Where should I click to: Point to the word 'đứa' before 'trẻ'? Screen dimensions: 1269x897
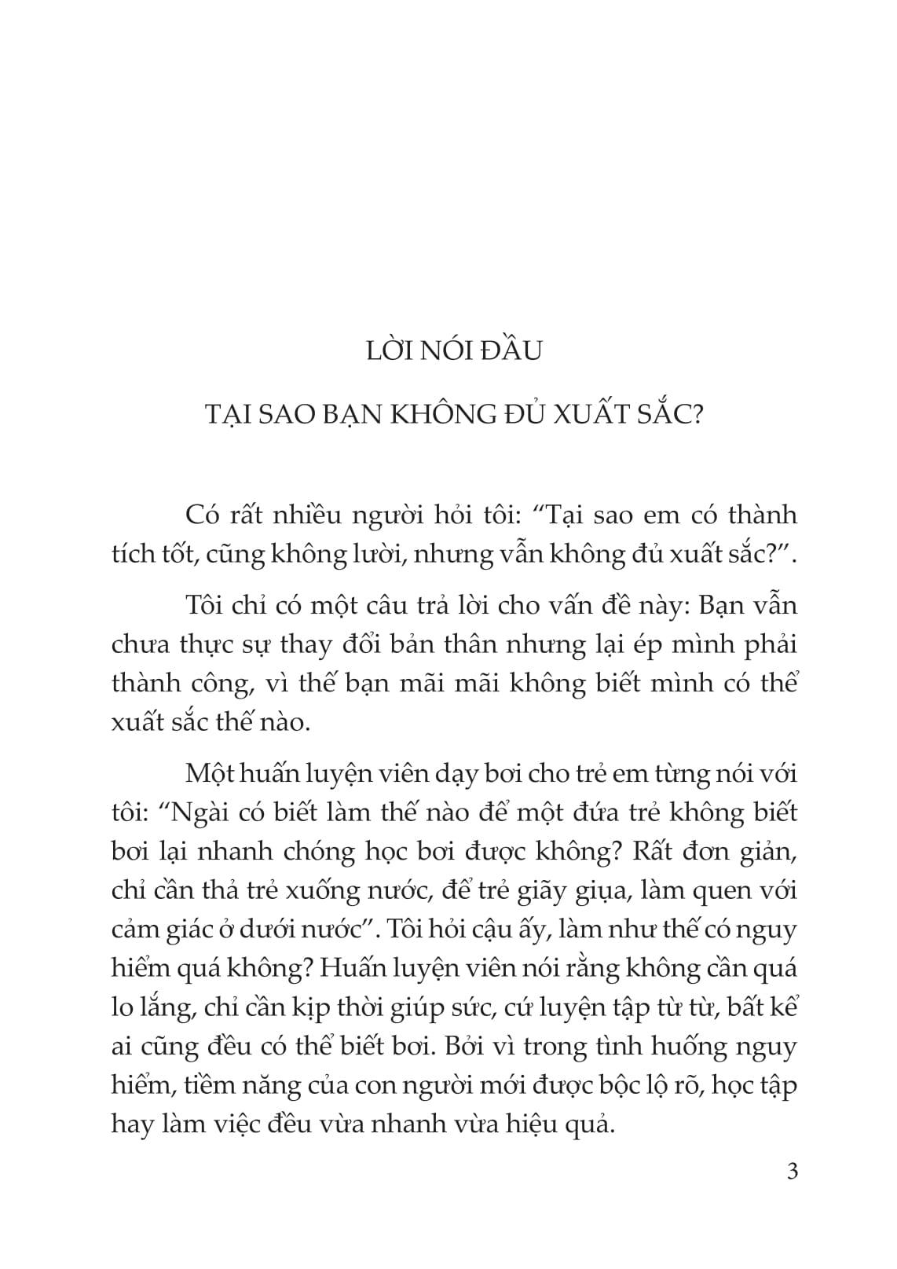[x=578, y=812]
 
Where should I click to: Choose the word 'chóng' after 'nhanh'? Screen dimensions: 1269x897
[x=313, y=851]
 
